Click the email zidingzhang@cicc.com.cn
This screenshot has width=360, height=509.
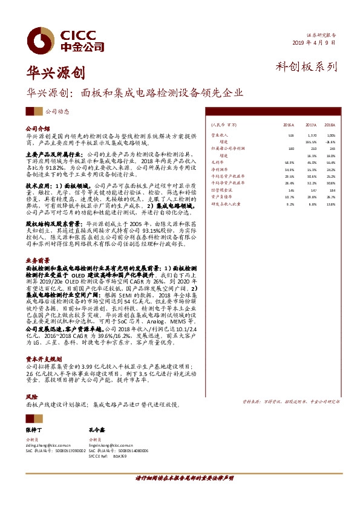click(x=48, y=444)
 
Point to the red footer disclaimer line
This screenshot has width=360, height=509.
click(x=180, y=478)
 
